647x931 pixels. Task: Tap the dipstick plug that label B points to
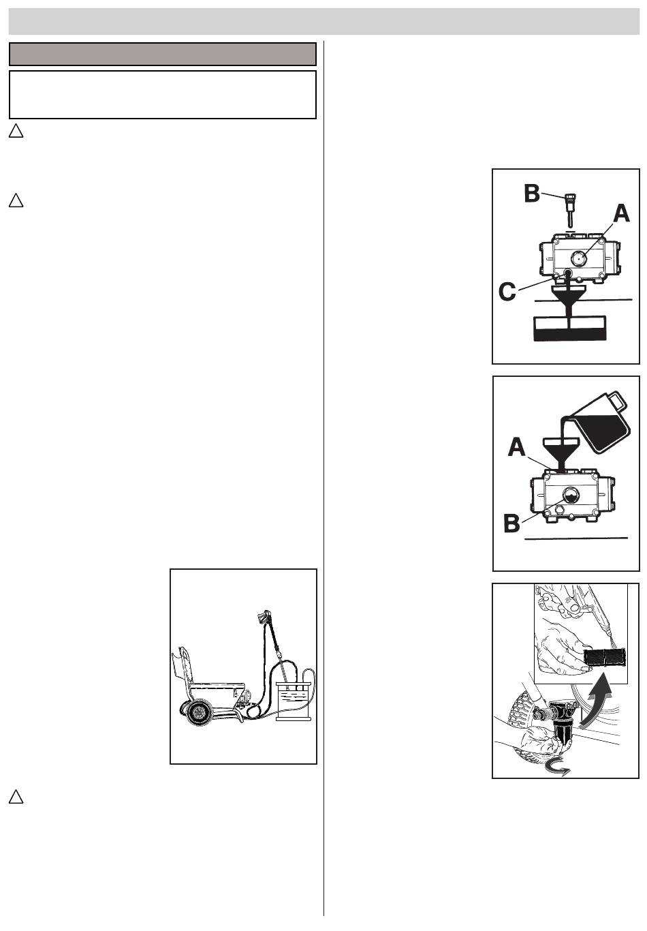(x=570, y=209)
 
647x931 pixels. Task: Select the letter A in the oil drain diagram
(x=622, y=215)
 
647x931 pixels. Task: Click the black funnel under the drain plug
(x=568, y=301)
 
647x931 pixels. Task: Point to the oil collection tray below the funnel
(x=568, y=329)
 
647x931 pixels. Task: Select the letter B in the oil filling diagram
(x=511, y=523)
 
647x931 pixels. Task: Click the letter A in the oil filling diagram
(x=517, y=448)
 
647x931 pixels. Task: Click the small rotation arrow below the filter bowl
(x=558, y=766)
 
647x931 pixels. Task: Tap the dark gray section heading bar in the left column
(x=163, y=54)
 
